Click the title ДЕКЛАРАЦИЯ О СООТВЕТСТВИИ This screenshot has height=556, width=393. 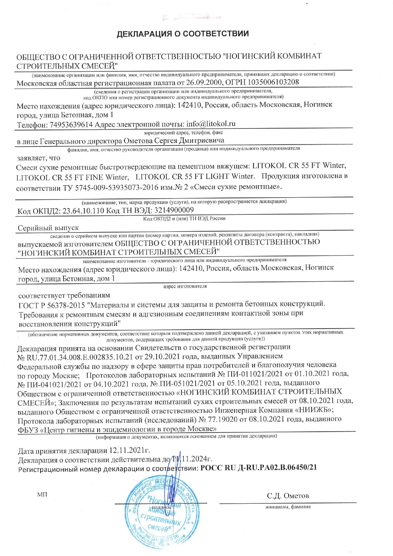183,34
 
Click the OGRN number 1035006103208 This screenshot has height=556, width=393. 273,82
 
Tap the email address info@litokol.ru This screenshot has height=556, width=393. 211,124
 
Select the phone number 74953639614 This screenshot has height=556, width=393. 71,125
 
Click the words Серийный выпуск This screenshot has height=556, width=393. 48,228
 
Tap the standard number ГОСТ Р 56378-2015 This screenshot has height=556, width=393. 52,305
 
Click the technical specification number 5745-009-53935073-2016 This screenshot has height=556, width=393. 117,187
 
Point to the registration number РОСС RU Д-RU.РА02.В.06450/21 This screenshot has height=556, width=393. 259,468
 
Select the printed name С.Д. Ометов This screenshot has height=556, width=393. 288,496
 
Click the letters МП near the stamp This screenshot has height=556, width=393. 42,494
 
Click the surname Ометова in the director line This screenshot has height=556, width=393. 138,141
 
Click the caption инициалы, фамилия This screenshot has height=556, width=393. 288,507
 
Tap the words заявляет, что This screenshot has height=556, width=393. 38,158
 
